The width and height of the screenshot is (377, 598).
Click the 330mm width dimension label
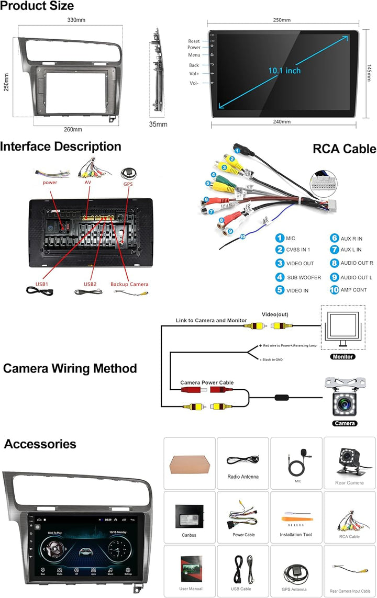pos(76,20)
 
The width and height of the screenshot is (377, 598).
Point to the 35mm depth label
pos(158,125)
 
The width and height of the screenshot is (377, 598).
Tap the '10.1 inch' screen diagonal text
pos(284,71)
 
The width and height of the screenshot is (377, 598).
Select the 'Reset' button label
pos(194,41)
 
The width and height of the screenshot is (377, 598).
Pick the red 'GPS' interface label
pos(128,184)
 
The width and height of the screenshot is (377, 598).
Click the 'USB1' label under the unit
pos(42,284)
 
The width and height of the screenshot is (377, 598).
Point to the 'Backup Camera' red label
pos(129,284)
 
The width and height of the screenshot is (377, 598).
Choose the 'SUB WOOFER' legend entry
pos(304,277)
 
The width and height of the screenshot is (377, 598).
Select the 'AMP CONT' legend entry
pos(353,290)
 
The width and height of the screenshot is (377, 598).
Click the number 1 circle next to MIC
pos(280,239)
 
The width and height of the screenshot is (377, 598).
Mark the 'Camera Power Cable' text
pos(207,383)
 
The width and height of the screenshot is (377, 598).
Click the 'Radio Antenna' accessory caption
pos(243,477)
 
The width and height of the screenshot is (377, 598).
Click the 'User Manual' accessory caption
pos(190,589)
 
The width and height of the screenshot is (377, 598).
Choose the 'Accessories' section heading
pos(40,444)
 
